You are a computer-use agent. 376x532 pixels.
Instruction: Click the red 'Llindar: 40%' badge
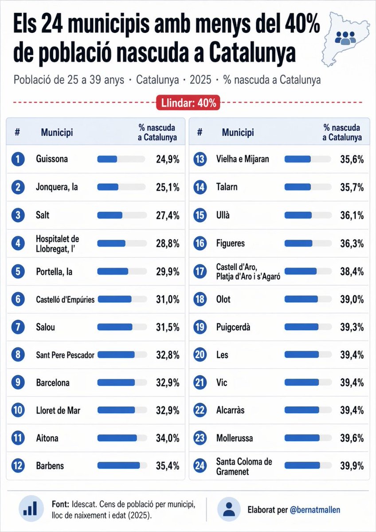pos(188,103)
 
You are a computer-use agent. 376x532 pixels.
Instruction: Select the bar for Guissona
pos(121,159)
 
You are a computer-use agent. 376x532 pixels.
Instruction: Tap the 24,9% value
pos(168,159)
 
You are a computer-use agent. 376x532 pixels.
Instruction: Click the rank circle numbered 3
pos(17,215)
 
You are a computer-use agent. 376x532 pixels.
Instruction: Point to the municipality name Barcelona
pos(53,382)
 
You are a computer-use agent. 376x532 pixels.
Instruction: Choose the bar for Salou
pos(121,327)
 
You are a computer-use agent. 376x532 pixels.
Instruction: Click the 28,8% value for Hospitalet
pos(168,243)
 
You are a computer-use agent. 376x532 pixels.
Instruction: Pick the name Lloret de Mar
pos(58,410)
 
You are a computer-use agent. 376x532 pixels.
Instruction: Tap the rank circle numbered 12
pos(17,466)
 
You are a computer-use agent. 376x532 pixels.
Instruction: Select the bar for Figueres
pos(307,243)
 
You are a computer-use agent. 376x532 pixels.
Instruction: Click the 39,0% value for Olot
pos(352,299)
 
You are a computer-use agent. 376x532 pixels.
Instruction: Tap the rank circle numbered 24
pos(200,466)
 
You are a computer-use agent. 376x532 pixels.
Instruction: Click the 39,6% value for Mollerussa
pos(352,438)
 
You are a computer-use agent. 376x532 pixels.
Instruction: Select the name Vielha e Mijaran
pos(243,159)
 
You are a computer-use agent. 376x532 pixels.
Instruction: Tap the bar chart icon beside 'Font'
pos(31,508)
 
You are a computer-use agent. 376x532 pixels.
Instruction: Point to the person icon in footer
pos(229,509)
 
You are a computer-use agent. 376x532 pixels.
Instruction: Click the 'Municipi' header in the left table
pos(57,132)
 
